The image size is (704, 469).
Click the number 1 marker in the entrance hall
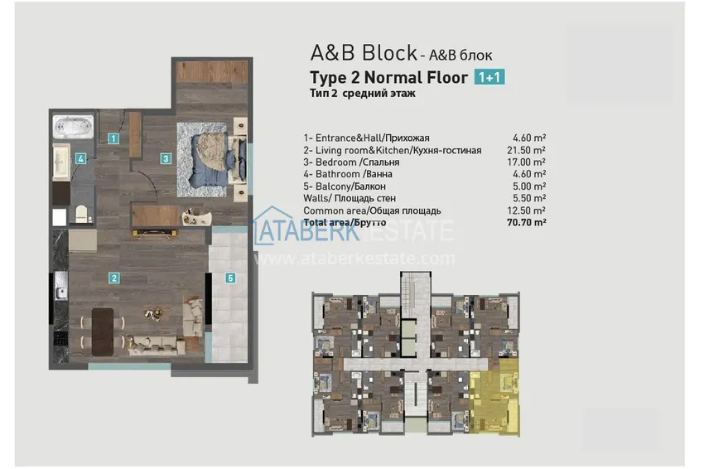pos(113,139)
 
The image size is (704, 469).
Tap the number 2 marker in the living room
pos(114,278)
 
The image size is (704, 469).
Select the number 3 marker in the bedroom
pos(166,158)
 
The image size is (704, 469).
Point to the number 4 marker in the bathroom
pos(80,158)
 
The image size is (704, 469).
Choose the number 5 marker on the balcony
pos(230,278)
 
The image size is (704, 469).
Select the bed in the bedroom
pos(214,153)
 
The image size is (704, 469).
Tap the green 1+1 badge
pos(489,78)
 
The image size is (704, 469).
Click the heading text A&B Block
pos(363,54)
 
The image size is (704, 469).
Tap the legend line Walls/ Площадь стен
pos(350,199)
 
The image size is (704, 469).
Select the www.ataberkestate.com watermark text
pos(354,259)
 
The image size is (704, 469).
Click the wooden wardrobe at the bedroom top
pos(212,72)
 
